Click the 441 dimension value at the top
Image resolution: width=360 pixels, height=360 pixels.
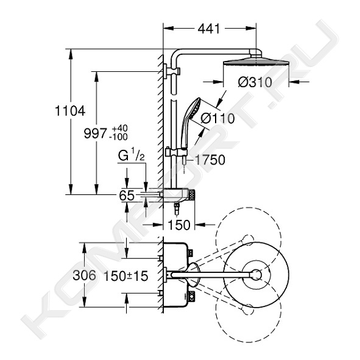pyautogui.click(x=209, y=29)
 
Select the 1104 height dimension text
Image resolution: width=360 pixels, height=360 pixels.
pyautogui.click(x=70, y=111)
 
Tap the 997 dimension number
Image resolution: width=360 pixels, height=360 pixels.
pyautogui.click(x=95, y=133)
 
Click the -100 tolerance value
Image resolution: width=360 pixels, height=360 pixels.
pyautogui.click(x=118, y=137)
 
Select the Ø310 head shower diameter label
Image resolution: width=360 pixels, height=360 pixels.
pyautogui.click(x=255, y=82)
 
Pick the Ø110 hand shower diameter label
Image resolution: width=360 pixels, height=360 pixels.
pyautogui.click(x=217, y=118)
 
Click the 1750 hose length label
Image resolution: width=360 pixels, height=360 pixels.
pyautogui.click(x=210, y=160)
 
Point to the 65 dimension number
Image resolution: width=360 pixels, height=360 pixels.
pyautogui.click(x=127, y=196)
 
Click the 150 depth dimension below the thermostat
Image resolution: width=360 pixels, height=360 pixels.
pyautogui.click(x=179, y=225)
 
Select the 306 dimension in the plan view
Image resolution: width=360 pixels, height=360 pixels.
pyautogui.click(x=84, y=275)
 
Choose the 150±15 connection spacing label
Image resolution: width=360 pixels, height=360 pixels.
pyautogui.click(x=126, y=276)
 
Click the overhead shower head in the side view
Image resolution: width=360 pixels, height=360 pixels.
pyautogui.click(x=256, y=63)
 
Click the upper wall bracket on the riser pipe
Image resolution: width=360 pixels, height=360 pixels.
pyautogui.click(x=172, y=71)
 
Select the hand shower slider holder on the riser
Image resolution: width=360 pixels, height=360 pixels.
pyautogui.click(x=176, y=152)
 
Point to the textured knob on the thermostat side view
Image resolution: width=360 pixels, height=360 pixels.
pyautogui.click(x=192, y=195)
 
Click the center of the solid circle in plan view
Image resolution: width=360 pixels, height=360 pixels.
pyautogui.click(x=256, y=275)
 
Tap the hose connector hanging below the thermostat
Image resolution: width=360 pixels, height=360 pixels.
pyautogui.click(x=177, y=208)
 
